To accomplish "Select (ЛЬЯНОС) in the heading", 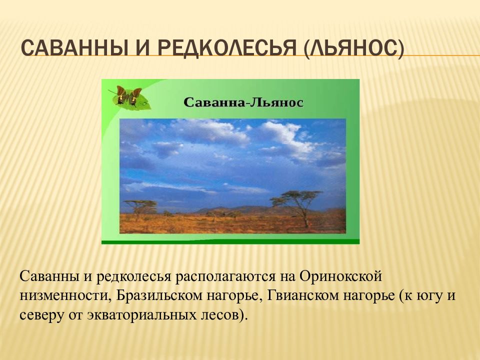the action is coord(354,48).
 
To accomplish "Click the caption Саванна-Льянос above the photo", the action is coord(243,102).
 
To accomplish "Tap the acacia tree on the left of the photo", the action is coord(140,207).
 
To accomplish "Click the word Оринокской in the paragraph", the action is coord(340,276).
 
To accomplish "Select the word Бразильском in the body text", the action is coord(159,295).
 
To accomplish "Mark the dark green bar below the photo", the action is coord(230,242).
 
